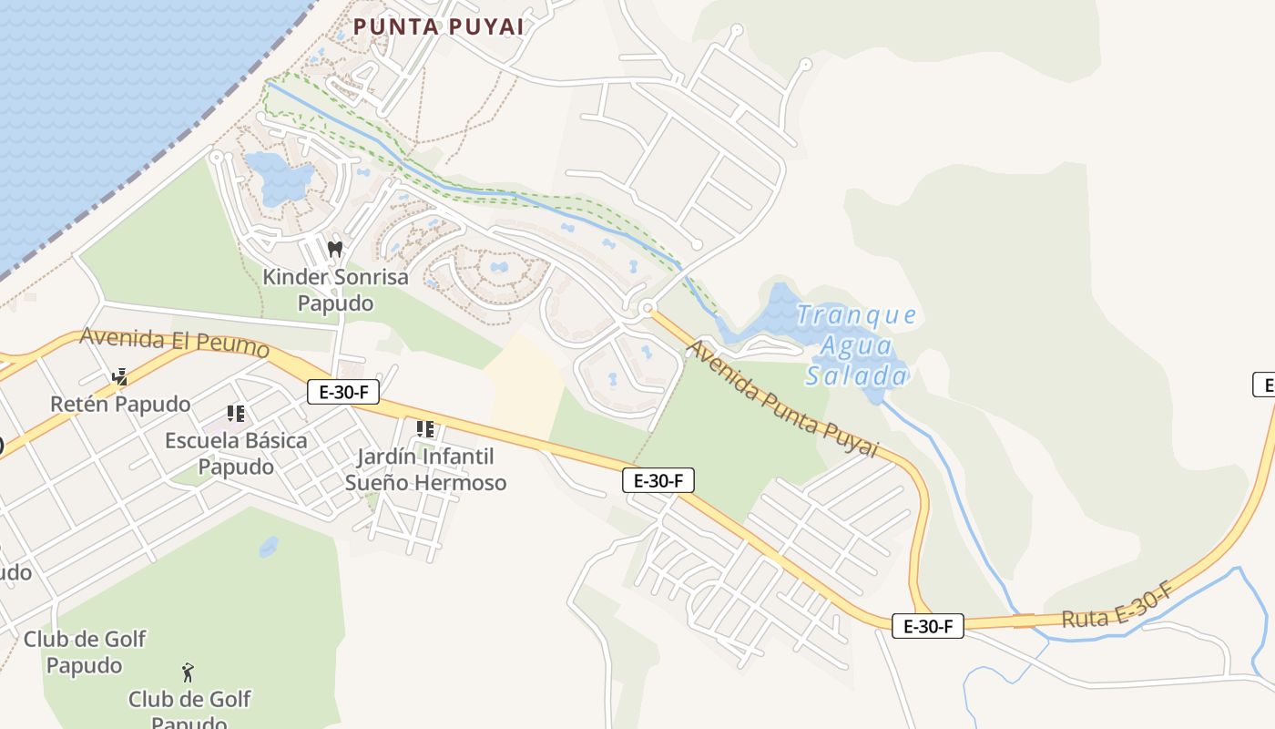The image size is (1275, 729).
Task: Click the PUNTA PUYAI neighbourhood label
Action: [x=438, y=26]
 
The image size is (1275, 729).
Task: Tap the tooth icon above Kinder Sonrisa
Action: [x=334, y=248]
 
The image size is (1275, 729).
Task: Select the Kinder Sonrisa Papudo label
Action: [x=335, y=290]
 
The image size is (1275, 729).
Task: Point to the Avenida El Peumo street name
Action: [x=175, y=343]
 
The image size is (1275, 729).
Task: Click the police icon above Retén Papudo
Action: [x=119, y=376]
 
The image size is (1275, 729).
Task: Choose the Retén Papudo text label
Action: [x=120, y=404]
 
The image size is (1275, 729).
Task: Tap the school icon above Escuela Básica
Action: [x=236, y=414]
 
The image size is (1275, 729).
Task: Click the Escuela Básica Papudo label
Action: [x=236, y=453]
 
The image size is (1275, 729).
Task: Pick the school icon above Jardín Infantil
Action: [x=424, y=428]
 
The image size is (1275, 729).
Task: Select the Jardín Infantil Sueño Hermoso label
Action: [x=425, y=468]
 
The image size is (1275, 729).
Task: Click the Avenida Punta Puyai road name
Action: [x=782, y=399]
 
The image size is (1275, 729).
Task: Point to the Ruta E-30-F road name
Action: [x=1117, y=609]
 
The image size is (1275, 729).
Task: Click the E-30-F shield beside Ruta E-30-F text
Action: [x=927, y=626]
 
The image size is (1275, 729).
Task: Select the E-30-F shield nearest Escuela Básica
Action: [x=342, y=392]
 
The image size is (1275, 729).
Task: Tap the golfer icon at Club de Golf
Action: [x=188, y=673]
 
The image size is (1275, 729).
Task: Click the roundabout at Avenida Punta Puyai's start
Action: [x=648, y=309]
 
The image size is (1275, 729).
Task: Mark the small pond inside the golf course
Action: [x=269, y=547]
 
